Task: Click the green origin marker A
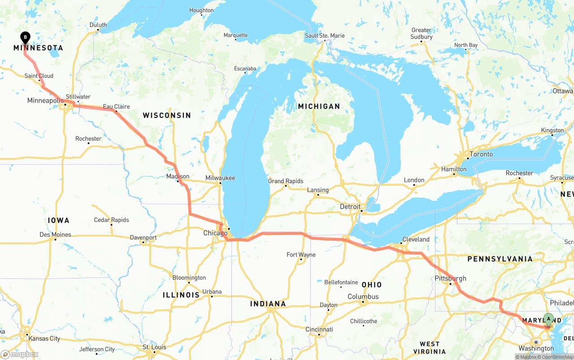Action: tap(548, 320)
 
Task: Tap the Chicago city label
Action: tap(215, 233)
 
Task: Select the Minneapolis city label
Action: tap(45, 100)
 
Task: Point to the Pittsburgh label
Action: tap(451, 278)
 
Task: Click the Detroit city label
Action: tap(350, 207)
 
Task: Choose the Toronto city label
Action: tap(481, 154)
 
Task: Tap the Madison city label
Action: tap(178, 176)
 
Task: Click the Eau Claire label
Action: tap(117, 107)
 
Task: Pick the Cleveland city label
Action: tap(416, 239)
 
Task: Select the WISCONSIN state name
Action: tap(167, 115)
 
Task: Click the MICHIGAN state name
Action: tap(319, 106)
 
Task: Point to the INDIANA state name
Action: tap(268, 304)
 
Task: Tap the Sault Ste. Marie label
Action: tap(325, 35)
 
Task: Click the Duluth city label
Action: tap(98, 25)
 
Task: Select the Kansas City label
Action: tap(44, 338)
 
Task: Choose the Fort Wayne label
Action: tap(301, 255)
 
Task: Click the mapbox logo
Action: tap(20, 354)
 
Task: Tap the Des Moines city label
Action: tap(55, 234)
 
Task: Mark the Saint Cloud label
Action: tap(39, 76)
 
